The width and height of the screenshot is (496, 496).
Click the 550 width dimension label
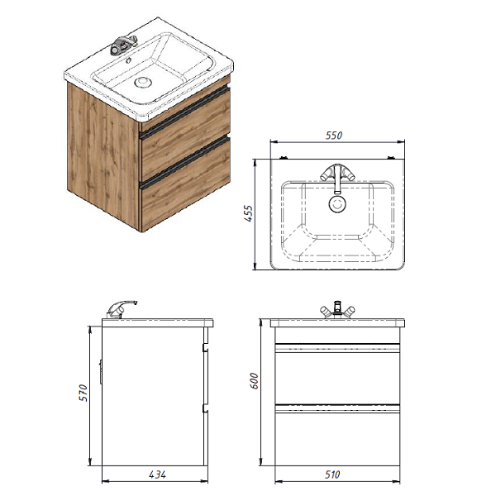pos(334,136)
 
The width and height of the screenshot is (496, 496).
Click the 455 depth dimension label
pos(249,213)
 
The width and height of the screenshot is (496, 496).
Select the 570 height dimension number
pos(83,393)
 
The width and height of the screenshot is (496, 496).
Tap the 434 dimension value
pos(157,475)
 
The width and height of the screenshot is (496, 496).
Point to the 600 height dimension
pos(254,381)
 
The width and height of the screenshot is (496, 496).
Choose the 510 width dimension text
pos(332,475)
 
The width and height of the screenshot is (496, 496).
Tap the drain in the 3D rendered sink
pos(143,82)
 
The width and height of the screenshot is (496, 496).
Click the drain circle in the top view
pos(337,204)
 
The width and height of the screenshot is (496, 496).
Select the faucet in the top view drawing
pos(337,178)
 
